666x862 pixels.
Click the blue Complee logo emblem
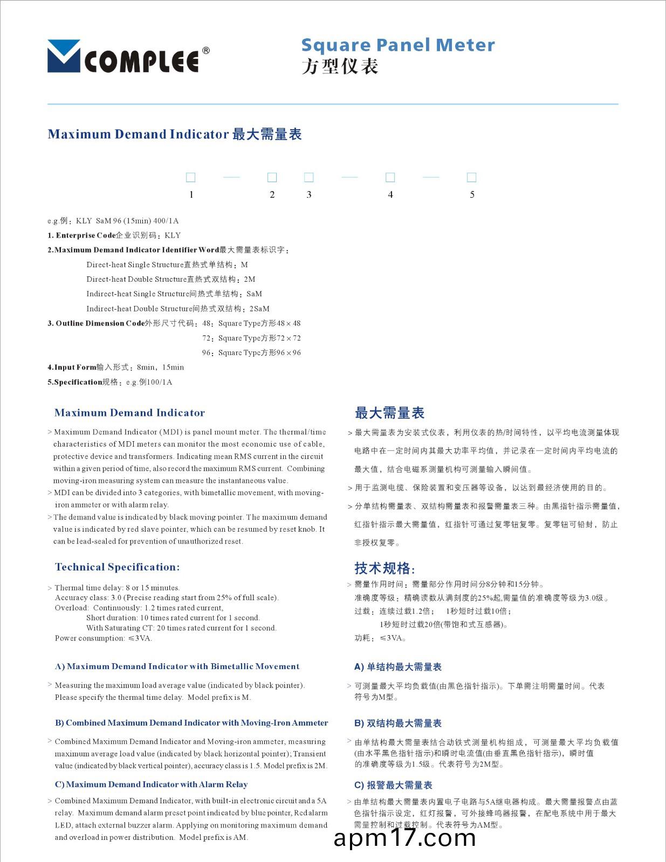64,56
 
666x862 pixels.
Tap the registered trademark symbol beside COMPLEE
205,51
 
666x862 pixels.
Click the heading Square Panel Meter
397,45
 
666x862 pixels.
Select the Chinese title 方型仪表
340,67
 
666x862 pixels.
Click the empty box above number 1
190,177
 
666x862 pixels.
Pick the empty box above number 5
471,177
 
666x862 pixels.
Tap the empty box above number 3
309,177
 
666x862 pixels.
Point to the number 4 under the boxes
390,194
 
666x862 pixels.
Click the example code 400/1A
166,221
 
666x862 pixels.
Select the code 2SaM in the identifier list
259,309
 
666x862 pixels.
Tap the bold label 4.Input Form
72,367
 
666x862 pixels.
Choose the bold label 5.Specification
74,382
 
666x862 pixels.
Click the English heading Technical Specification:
117,567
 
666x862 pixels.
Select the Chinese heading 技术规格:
385,568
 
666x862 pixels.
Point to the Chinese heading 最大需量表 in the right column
389,413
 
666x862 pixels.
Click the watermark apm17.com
404,838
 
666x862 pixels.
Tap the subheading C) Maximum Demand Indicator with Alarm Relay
151,784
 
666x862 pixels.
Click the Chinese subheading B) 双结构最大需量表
398,723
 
